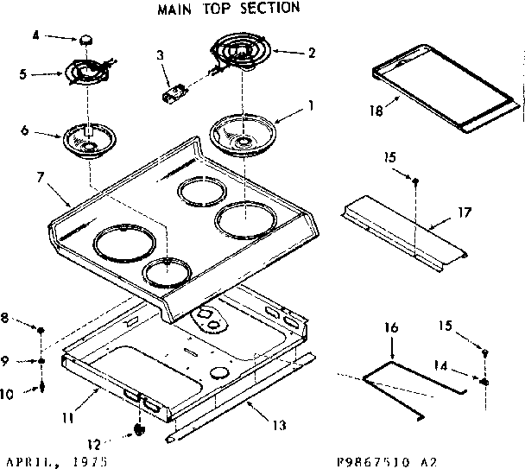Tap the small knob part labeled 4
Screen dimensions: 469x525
point(86,40)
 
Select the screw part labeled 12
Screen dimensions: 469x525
point(140,428)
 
